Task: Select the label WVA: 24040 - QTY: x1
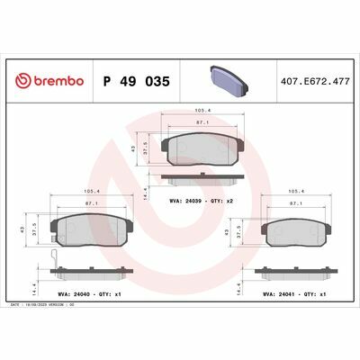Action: click(x=83, y=293)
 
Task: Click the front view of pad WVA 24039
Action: click(x=202, y=146)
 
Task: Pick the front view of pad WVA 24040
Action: click(x=82, y=229)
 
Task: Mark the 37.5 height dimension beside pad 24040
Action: click(x=34, y=229)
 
